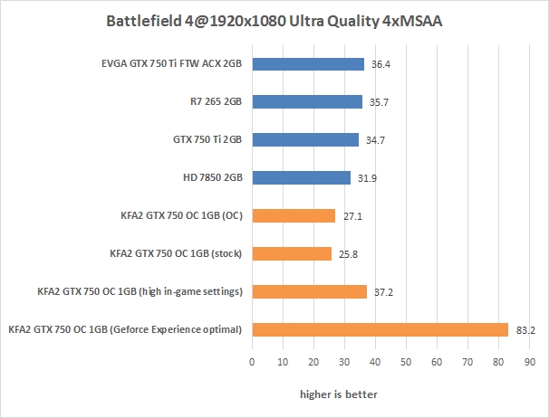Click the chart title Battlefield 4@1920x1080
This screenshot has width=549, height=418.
pyautogui.click(x=274, y=20)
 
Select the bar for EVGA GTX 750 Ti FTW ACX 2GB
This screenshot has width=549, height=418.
pyautogui.click(x=308, y=64)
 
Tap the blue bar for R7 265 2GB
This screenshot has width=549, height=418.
pyautogui.click(x=307, y=102)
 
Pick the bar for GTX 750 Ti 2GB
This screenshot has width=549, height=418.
pyautogui.click(x=305, y=140)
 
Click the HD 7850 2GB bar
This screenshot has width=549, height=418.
pyautogui.click(x=301, y=178)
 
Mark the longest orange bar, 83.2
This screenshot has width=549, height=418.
pyautogui.click(x=380, y=329)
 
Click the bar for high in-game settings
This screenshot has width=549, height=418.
pyautogui.click(x=309, y=291)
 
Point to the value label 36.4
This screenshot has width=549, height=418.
pyautogui.click(x=380, y=64)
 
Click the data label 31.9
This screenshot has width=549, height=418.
pyautogui.click(x=367, y=178)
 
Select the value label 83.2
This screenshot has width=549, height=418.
pyautogui.click(x=525, y=330)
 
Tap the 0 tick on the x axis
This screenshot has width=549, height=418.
pyautogui.click(x=252, y=363)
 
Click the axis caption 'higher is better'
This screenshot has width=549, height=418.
pyautogui.click(x=340, y=394)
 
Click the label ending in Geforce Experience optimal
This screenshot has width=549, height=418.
pyautogui.click(x=124, y=329)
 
